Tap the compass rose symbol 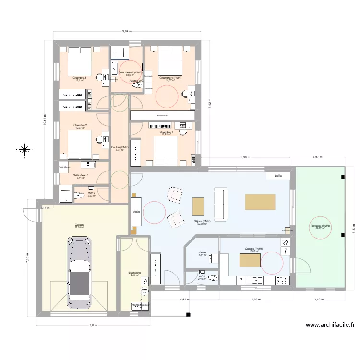[x=24, y=150]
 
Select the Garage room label [x=79, y=224]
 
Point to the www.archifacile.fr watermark [x=330, y=325]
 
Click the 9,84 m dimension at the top [x=127, y=31]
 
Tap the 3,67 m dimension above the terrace [x=318, y=157]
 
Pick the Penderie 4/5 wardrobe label [x=162, y=115]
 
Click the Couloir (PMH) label [x=120, y=147]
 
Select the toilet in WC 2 [x=79, y=195]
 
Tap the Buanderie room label [x=135, y=273]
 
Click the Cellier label [x=202, y=252]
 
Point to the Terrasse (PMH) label [x=320, y=226]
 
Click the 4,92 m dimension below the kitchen [x=256, y=299]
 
